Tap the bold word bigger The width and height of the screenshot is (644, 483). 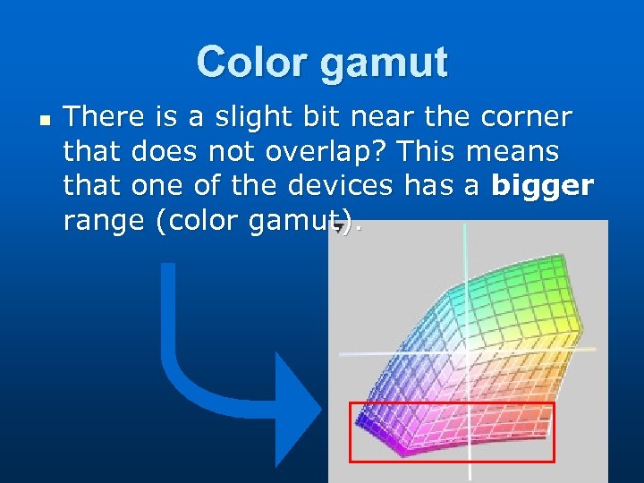542,187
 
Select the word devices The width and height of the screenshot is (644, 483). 340,186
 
